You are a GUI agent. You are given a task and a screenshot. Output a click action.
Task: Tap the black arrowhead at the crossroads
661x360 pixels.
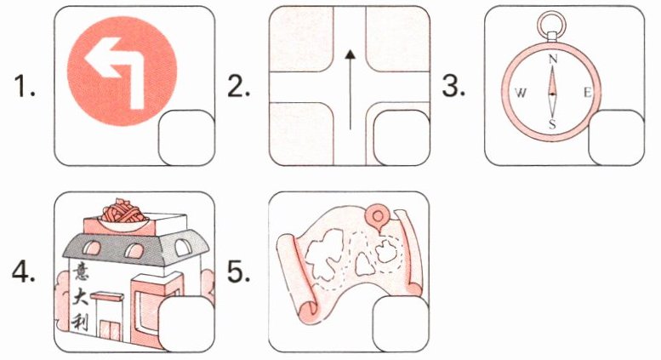tap(350, 54)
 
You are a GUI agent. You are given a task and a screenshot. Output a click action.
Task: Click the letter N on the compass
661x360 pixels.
tap(553, 59)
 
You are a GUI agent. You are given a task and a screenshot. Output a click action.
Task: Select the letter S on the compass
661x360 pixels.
tap(552, 124)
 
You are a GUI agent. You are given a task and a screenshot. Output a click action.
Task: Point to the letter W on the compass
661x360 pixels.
tap(521, 93)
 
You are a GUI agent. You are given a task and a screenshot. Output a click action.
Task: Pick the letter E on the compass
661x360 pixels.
tap(587, 93)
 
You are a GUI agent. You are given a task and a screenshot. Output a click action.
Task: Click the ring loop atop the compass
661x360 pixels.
tap(552, 20)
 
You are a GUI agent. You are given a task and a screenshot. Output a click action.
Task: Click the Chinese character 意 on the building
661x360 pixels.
tap(79, 271)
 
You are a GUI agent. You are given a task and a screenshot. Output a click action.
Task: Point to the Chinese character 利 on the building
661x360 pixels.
tap(79, 323)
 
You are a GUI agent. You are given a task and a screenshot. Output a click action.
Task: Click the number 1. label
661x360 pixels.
tap(25, 87)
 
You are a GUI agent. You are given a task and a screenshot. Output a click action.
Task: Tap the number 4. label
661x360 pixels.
tap(24, 272)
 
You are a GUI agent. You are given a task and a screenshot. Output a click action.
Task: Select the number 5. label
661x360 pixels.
tap(238, 272)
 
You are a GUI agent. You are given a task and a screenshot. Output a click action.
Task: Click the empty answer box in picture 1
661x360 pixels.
tap(187, 138)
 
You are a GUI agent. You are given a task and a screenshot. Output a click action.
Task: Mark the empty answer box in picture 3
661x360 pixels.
tap(616, 138)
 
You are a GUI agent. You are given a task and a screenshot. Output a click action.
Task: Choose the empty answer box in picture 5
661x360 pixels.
tap(401, 324)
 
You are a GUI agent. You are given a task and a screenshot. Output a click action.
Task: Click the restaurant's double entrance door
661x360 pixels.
tap(110, 330)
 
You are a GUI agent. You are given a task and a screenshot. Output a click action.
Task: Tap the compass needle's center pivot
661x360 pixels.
tap(552, 94)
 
